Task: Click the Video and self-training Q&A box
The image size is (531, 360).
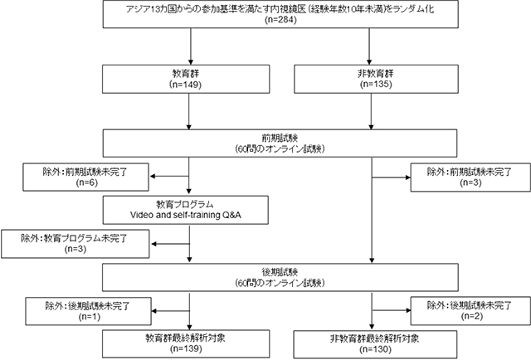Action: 191,210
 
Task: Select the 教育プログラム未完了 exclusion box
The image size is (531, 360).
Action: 77,244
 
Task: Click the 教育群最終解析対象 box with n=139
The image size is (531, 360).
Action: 191,344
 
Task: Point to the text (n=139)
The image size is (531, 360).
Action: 191,349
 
